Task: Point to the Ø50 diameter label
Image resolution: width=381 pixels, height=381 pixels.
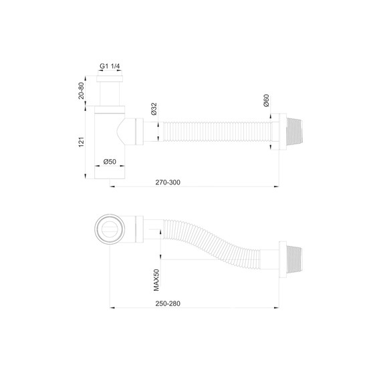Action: [110, 162]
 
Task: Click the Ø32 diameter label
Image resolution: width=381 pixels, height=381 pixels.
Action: [154, 109]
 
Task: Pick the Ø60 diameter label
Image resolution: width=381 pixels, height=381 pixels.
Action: [266, 101]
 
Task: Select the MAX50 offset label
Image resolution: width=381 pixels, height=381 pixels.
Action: [156, 279]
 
